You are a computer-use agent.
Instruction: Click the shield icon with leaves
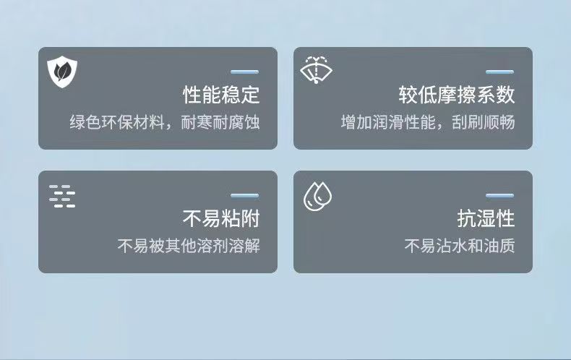pyautogui.click(x=62, y=72)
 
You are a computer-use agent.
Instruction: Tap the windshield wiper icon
pyautogui.click(x=316, y=69)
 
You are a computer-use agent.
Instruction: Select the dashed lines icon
pyautogui.click(x=62, y=196)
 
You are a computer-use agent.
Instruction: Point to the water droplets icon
pyautogui.click(x=317, y=196)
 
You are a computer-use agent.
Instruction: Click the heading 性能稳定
pyautogui.click(x=221, y=95)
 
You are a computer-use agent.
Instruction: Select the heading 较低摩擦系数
pyautogui.click(x=456, y=95)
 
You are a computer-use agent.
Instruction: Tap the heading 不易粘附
pyautogui.click(x=221, y=218)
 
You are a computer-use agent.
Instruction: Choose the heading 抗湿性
pyautogui.click(x=486, y=218)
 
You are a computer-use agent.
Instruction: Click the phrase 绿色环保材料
pyautogui.click(x=117, y=122)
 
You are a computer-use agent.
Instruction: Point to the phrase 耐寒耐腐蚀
pyautogui.click(x=220, y=122)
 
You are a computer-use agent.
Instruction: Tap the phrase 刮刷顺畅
pyautogui.click(x=484, y=122)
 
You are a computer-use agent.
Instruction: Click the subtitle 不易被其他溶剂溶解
pyautogui.click(x=189, y=246)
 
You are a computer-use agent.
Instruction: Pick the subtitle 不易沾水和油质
pyautogui.click(x=460, y=246)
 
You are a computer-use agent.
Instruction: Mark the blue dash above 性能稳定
pyautogui.click(x=245, y=72)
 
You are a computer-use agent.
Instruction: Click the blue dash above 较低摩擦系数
pyautogui.click(x=499, y=72)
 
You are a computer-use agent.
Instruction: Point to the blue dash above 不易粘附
pyautogui.click(x=245, y=196)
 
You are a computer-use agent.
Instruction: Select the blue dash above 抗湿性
pyautogui.click(x=499, y=196)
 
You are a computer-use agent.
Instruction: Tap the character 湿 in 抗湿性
pyautogui.click(x=486, y=218)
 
